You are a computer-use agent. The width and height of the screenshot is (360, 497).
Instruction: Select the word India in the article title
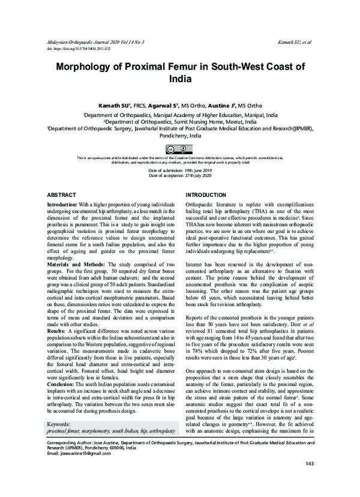coord(179,78)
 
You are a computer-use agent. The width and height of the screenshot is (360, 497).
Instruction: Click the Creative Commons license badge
coord(179,148)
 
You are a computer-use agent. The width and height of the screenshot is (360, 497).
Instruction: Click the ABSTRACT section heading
coord(61,196)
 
